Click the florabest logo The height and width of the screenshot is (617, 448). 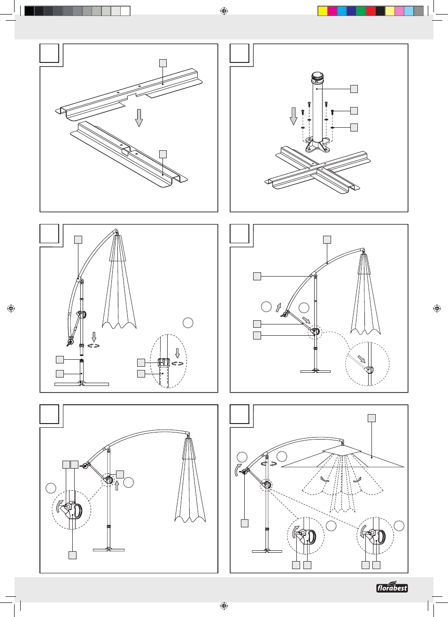(x=392, y=587)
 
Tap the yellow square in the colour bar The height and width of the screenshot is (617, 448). (x=323, y=11)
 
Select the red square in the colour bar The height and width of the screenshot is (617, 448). (x=371, y=11)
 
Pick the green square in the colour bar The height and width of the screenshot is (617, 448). (x=361, y=11)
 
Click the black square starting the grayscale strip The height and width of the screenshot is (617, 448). (x=29, y=11)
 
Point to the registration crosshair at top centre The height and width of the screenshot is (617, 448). (x=224, y=11)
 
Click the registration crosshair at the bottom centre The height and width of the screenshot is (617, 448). (x=224, y=606)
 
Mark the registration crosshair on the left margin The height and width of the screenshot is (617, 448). (x=11, y=308)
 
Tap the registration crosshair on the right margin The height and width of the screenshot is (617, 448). (x=437, y=308)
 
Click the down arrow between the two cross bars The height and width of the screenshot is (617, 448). (x=139, y=117)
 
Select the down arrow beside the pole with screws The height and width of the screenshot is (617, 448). (x=294, y=116)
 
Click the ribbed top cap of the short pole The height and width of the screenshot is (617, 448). (x=318, y=76)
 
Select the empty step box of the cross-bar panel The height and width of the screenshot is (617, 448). (x=49, y=53)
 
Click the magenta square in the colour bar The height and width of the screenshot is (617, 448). (x=332, y=11)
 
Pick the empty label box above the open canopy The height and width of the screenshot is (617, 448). (x=371, y=418)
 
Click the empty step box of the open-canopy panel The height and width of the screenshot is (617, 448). (x=239, y=414)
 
